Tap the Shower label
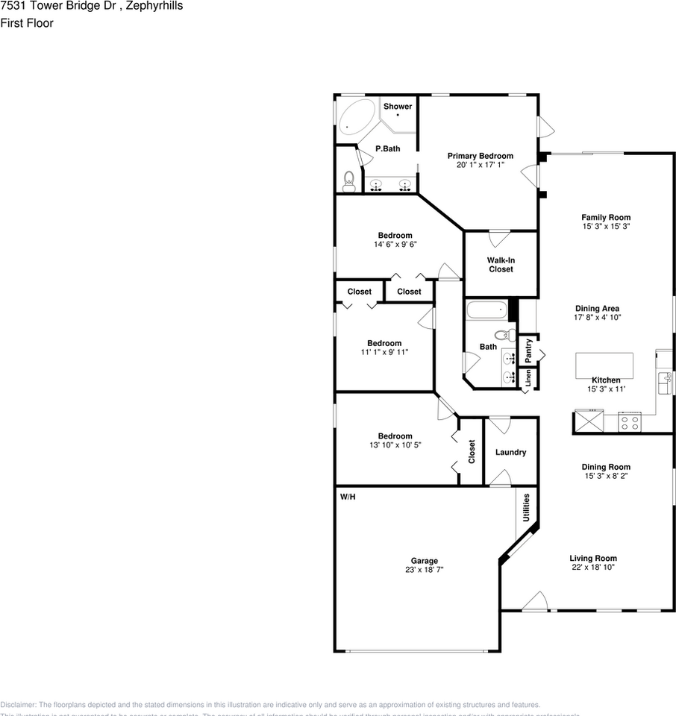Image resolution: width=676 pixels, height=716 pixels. pyautogui.click(x=398, y=107)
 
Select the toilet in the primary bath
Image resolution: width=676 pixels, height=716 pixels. pyautogui.click(x=348, y=180)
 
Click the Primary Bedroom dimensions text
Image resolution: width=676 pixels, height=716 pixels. pyautogui.click(x=480, y=164)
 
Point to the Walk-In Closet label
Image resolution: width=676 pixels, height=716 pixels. pyautogui.click(x=501, y=265)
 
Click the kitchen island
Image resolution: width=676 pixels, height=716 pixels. pyautogui.click(x=604, y=365)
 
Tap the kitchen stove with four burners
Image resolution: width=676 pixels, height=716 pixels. pyautogui.click(x=629, y=423)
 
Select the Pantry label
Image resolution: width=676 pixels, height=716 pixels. pyautogui.click(x=528, y=349)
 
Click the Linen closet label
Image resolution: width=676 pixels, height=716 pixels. pyautogui.click(x=528, y=378)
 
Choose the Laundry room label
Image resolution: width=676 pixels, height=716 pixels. pyautogui.click(x=510, y=452)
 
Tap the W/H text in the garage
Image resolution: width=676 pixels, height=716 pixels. pyautogui.click(x=347, y=497)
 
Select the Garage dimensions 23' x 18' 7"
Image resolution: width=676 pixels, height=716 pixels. pyautogui.click(x=424, y=571)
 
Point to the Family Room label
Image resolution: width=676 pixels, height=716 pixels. pyautogui.click(x=606, y=218)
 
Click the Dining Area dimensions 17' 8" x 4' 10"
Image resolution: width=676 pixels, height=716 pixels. pyautogui.click(x=597, y=317)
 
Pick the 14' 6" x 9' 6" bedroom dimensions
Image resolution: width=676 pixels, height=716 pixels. pyautogui.click(x=395, y=244)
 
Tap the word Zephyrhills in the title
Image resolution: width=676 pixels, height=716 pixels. pyautogui.click(x=155, y=6)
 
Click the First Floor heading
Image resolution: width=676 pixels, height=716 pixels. pyautogui.click(x=27, y=23)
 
